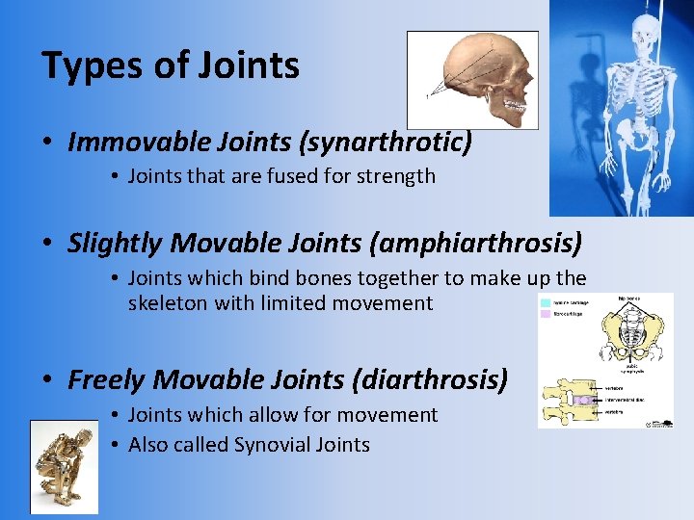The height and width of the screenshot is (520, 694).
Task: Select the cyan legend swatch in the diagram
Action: coord(547,301)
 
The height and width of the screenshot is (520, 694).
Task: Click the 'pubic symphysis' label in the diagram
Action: coord(632,368)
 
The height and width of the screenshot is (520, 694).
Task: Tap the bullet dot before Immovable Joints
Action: coord(47,143)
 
